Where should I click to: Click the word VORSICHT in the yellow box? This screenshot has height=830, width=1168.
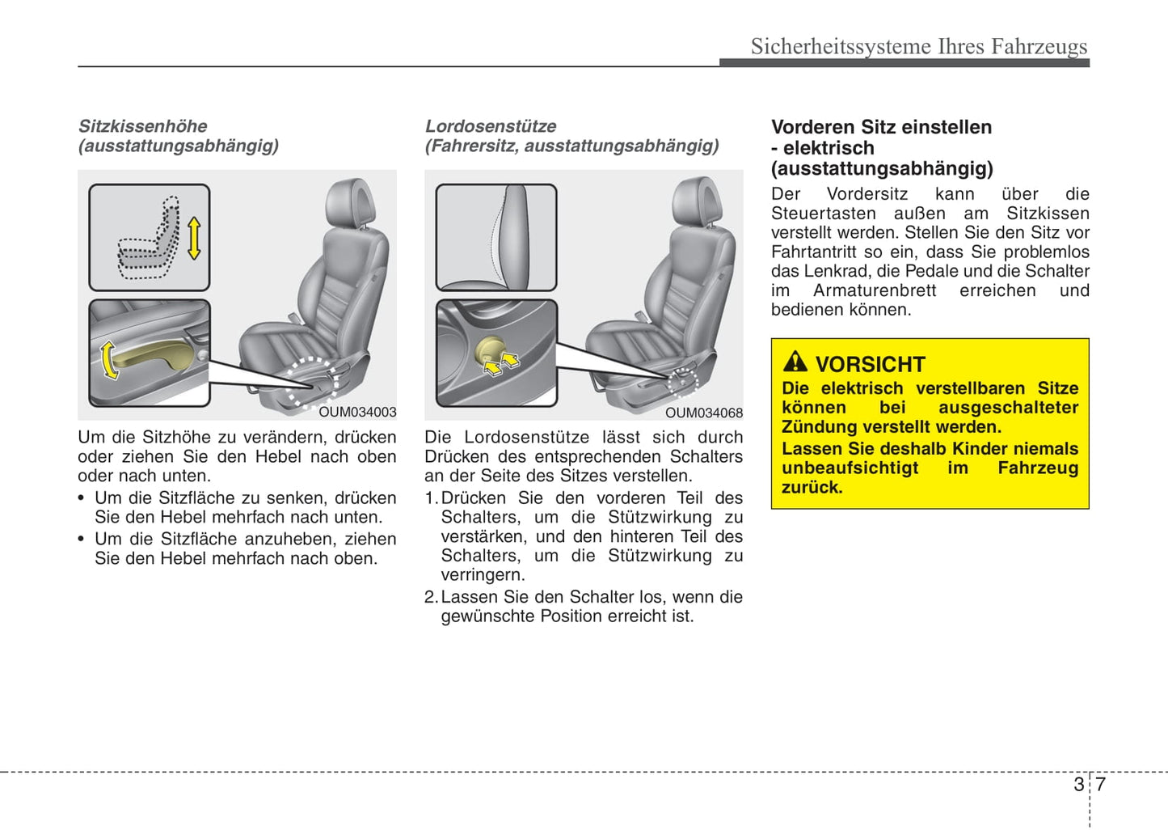(870, 364)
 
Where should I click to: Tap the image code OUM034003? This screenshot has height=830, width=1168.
(357, 412)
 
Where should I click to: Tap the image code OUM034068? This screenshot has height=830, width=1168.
(703, 413)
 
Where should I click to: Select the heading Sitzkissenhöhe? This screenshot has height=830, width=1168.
(143, 126)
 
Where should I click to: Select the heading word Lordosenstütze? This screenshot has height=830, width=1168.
(491, 126)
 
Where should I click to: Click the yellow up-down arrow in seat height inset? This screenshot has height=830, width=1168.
(193, 238)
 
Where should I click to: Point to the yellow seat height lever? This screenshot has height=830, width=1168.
(150, 356)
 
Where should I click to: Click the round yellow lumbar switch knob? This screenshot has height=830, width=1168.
(489, 350)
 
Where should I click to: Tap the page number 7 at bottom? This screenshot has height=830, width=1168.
(1100, 784)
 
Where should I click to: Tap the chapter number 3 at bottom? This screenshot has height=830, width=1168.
(1078, 784)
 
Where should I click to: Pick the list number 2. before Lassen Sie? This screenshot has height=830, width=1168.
(431, 597)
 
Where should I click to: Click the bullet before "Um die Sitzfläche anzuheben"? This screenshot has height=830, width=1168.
(82, 540)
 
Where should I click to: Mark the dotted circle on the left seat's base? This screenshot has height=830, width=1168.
(313, 380)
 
